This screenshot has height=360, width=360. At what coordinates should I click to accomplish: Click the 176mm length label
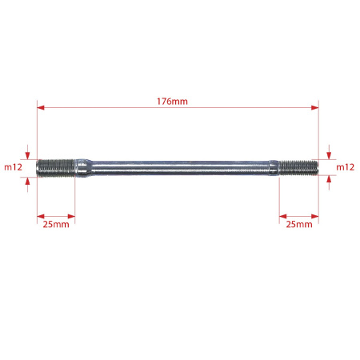[172, 102]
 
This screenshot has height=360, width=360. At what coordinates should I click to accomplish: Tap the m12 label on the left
[13, 167]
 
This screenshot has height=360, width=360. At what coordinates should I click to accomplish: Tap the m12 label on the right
[346, 167]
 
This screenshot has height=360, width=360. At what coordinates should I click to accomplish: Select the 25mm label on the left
[56, 224]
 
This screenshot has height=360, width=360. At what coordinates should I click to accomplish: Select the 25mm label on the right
[299, 224]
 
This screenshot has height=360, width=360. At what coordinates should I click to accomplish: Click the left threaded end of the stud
[55, 168]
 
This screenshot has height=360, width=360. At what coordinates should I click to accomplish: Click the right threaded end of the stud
[298, 167]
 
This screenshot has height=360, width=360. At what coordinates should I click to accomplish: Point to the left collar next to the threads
[83, 168]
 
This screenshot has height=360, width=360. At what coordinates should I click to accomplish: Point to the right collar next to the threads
[274, 167]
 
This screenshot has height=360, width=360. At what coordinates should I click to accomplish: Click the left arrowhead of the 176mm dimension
[41, 107]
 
